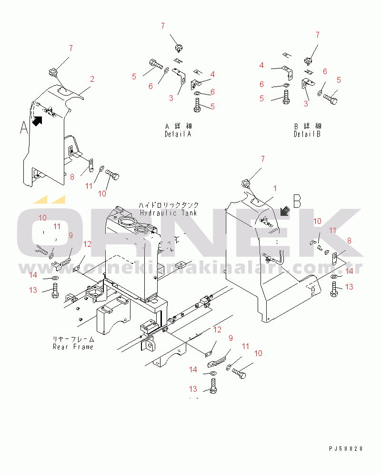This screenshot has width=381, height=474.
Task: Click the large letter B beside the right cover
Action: click(297, 201)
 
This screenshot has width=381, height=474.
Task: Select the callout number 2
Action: click(92, 79)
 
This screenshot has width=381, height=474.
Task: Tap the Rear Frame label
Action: click(73, 347)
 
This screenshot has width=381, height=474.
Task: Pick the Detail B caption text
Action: click(307, 134)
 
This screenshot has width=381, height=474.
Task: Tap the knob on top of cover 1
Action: click(246, 183)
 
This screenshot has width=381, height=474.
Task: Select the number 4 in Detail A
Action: click(212, 74)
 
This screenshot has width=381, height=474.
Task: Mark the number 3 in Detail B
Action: click(306, 103)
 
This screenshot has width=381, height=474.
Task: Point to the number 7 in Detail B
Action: click(318, 35)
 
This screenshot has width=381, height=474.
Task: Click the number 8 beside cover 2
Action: click(72, 177)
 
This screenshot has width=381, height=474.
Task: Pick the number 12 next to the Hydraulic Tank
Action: click(87, 244)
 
